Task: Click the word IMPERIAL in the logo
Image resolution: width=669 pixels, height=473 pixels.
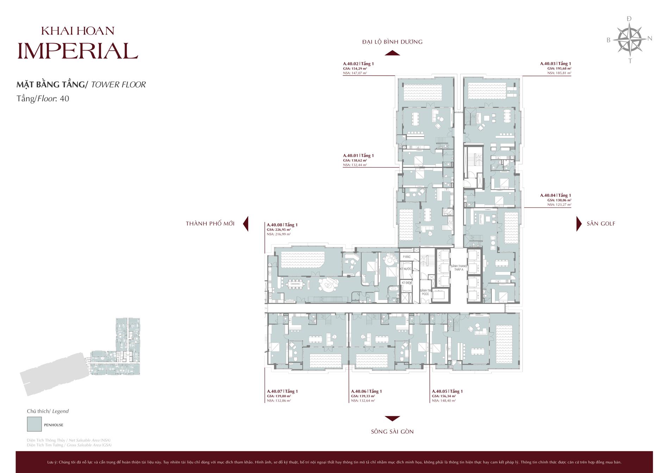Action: coord(77,51)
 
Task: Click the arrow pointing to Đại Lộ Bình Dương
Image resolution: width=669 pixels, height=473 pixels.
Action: coord(392,53)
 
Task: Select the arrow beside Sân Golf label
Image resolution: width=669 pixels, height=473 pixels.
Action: coord(579,224)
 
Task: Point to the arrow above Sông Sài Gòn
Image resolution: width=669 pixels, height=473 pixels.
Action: coord(392,418)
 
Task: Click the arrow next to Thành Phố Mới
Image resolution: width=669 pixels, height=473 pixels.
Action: coord(246,224)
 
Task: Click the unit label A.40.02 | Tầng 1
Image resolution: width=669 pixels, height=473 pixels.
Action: coord(358,64)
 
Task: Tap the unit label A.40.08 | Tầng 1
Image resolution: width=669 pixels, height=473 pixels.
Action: coord(282,225)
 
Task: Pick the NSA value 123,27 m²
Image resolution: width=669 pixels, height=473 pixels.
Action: coord(559,205)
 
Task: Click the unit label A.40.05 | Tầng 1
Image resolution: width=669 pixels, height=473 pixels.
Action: coord(447,391)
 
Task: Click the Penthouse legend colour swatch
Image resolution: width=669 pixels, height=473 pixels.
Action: coord(34,424)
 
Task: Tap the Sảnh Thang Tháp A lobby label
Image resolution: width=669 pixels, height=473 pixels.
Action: coord(458,268)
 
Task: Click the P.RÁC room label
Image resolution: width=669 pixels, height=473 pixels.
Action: coord(407,257)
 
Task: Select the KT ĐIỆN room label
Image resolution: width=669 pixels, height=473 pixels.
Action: coord(406,283)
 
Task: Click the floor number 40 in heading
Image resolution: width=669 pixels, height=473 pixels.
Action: coord(64,99)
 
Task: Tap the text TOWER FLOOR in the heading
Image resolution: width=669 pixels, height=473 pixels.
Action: coord(118,85)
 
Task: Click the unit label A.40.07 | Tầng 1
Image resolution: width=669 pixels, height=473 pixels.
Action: coord(282,391)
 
